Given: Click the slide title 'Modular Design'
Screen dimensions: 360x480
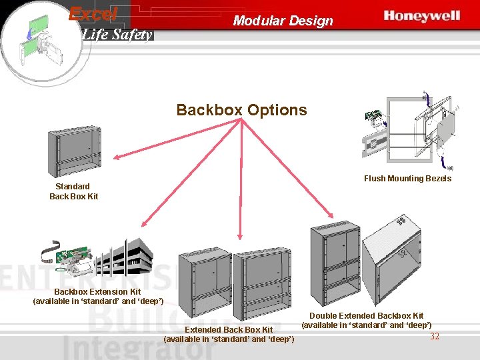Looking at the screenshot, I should [x=283, y=21].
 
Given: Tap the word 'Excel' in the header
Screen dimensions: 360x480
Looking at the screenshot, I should [x=93, y=13].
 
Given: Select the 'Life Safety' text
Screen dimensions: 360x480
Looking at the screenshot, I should [x=117, y=35].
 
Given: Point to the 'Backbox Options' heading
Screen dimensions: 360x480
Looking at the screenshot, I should [x=241, y=110].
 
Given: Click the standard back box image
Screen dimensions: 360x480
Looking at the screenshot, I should [x=73, y=151].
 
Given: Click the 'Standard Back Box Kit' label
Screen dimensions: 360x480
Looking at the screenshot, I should [x=73, y=191].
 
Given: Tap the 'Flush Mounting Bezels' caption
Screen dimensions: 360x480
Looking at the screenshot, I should [x=407, y=179].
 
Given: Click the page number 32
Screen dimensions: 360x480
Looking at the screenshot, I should [x=435, y=336].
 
